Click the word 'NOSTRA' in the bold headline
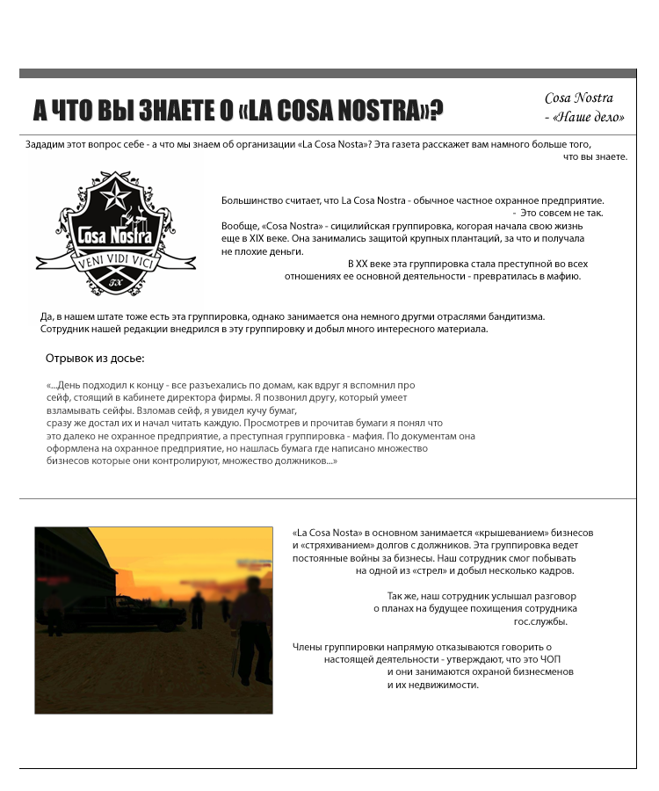click(379, 111)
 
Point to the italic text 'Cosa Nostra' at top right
click(579, 98)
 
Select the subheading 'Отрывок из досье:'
click(95, 359)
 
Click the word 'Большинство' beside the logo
click(252, 201)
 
